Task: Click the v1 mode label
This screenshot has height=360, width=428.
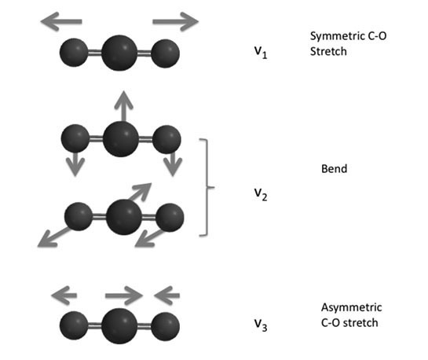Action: click(x=261, y=52)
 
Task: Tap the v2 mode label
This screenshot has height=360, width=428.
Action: click(x=261, y=194)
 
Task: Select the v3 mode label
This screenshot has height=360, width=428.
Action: click(x=261, y=325)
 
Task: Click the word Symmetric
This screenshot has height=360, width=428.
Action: click(x=334, y=36)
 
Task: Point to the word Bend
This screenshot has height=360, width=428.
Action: click(x=334, y=169)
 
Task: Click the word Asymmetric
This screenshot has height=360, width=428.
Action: click(x=352, y=307)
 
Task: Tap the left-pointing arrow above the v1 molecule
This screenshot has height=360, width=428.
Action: click(x=61, y=21)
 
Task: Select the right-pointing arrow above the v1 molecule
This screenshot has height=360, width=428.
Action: click(x=175, y=21)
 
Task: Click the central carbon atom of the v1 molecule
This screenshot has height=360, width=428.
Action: click(x=119, y=53)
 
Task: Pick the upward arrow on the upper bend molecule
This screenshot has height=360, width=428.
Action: click(x=123, y=106)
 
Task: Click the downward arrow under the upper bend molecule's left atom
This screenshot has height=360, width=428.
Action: click(x=75, y=163)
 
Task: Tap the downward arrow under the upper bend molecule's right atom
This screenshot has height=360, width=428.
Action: click(x=173, y=163)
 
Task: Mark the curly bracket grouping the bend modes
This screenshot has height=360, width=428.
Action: click(x=207, y=187)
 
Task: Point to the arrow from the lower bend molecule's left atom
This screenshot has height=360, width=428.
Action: click(x=54, y=237)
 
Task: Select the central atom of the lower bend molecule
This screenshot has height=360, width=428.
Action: click(x=123, y=217)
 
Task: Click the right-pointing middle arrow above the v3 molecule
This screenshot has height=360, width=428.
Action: click(x=124, y=296)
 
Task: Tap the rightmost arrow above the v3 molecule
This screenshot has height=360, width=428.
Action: click(x=166, y=296)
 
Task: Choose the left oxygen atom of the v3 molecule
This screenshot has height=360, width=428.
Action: click(x=74, y=325)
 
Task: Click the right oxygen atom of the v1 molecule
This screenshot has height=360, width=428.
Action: click(x=166, y=53)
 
